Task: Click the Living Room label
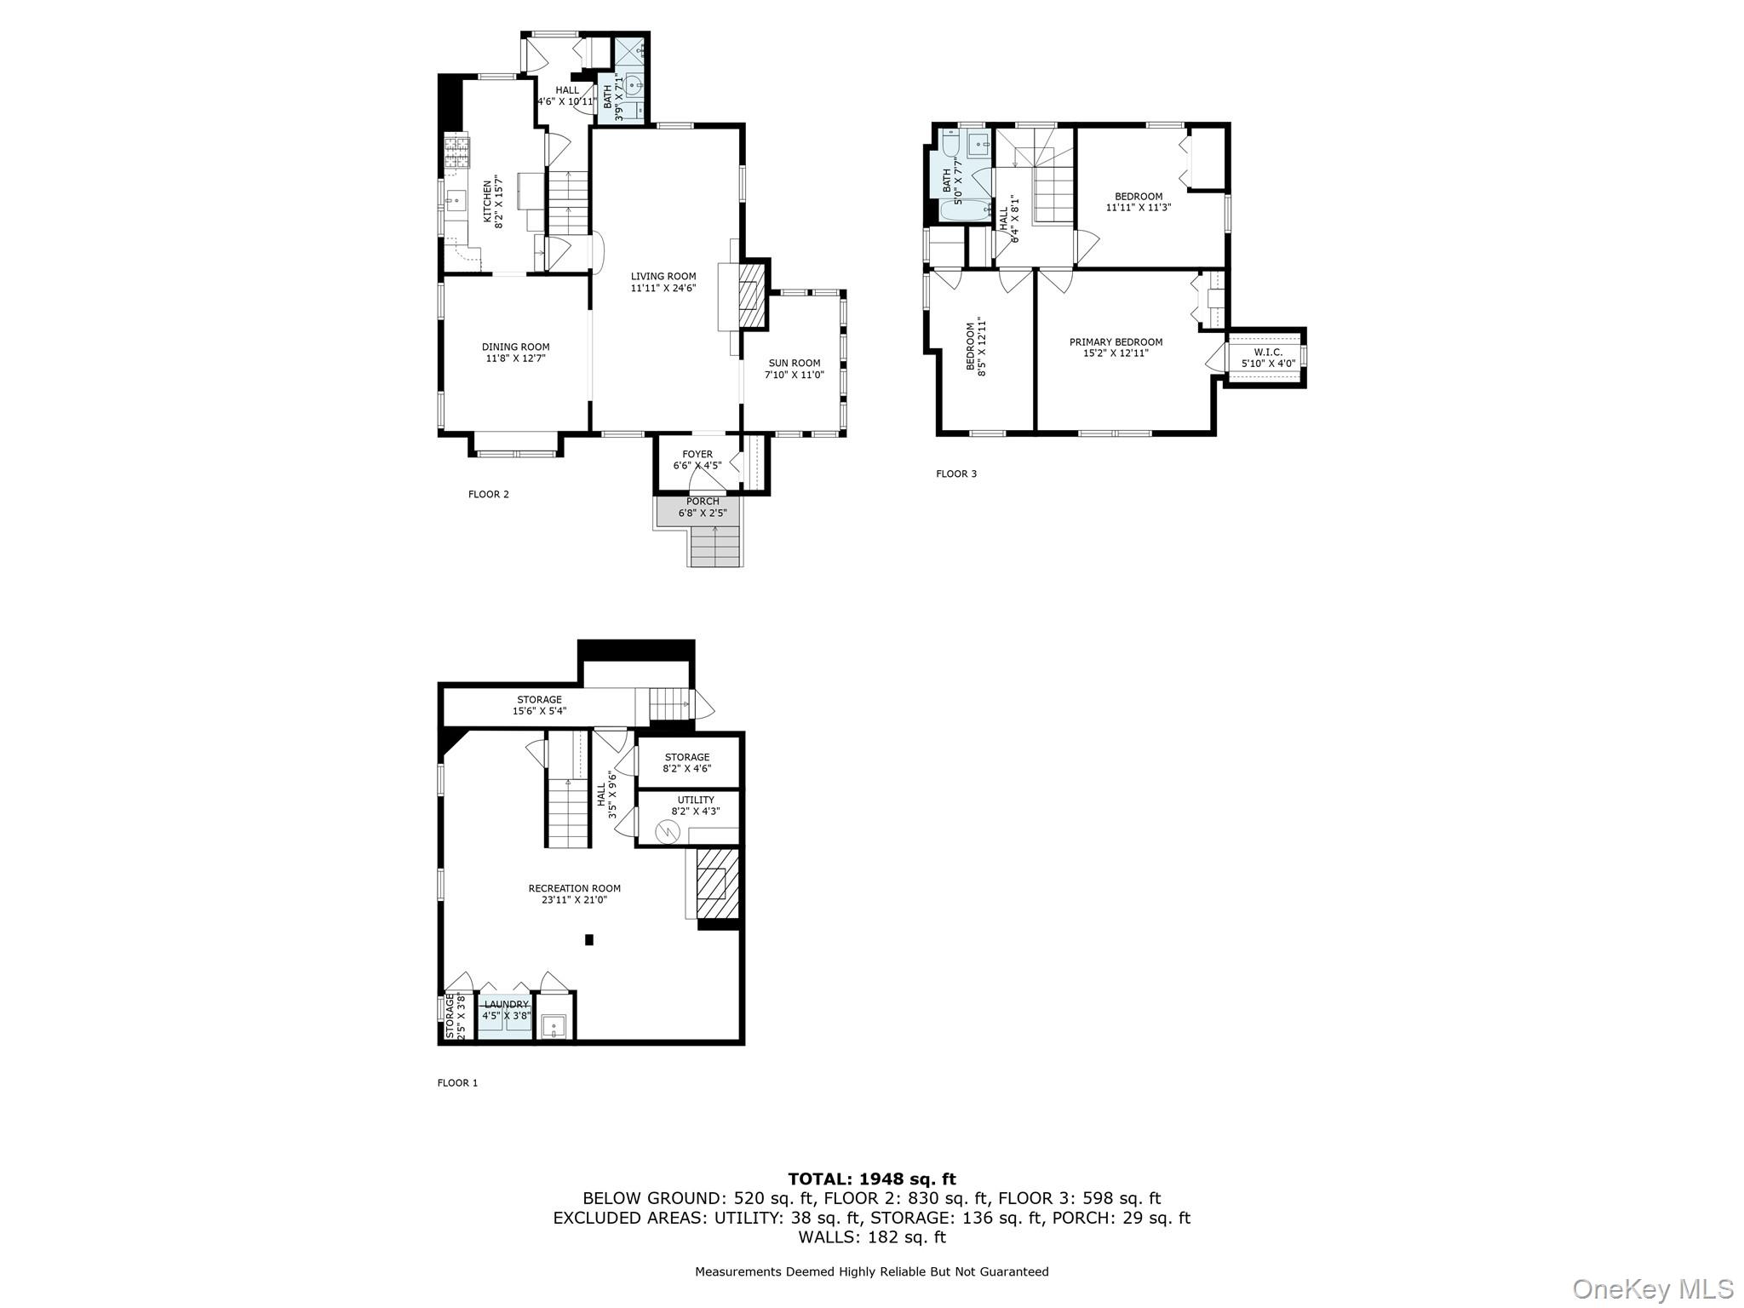[663, 277]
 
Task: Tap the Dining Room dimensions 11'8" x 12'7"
[515, 359]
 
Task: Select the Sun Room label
[794, 363]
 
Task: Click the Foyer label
[697, 455]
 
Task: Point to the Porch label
[703, 502]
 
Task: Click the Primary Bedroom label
[1116, 342]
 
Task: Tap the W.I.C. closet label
[1267, 352]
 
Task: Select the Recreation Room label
[574, 888]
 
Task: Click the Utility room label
[696, 800]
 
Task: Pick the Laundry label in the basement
[506, 1005]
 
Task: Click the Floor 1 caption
[457, 1083]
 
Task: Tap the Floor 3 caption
[956, 473]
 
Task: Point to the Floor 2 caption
[489, 494]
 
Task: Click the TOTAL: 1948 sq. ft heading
[872, 1179]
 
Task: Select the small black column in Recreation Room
[588, 940]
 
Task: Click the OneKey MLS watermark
[1652, 1288]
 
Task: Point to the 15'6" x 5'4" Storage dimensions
[539, 711]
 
